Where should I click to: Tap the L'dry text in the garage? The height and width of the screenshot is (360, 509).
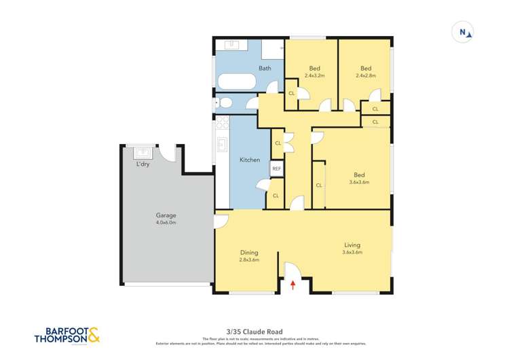coord(144,164)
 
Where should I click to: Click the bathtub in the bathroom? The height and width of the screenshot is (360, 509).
coord(235,82)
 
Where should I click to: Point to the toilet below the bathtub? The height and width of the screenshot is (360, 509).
coord(224,103)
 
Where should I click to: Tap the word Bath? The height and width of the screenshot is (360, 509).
coord(265,68)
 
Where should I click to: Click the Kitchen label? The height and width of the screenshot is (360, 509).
coord(249,160)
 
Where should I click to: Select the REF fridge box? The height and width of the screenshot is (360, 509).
coord(276,168)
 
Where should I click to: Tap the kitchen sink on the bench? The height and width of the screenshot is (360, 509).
coord(221,145)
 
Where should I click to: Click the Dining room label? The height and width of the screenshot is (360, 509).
coord(249,252)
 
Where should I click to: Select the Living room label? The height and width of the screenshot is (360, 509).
coord(352,245)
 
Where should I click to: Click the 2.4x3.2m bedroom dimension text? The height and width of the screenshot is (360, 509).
coord(314,75)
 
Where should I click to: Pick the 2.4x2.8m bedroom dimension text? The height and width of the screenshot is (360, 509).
coord(366,75)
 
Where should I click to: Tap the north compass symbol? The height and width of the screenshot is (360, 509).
coord(464,32)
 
